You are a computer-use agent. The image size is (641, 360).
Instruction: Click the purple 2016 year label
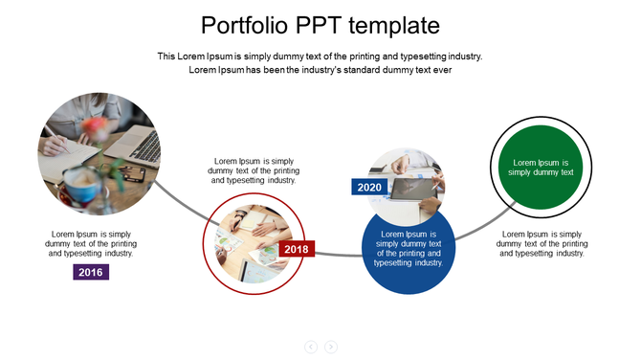tap(91, 272)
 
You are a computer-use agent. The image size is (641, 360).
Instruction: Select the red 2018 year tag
tap(297, 250)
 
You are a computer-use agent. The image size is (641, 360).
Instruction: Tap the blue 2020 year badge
tap(369, 188)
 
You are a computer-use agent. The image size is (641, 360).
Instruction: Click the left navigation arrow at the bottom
tap(311, 347)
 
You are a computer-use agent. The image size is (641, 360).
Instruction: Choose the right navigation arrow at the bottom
tap(331, 347)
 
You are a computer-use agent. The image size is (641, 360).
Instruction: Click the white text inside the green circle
tap(542, 168)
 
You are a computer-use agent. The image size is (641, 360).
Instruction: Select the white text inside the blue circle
tap(409, 248)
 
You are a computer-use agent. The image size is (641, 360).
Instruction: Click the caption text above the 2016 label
tap(91, 243)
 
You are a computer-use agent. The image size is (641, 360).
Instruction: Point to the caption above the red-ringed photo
tap(254, 170)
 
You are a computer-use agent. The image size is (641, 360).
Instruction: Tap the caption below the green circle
tap(542, 243)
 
